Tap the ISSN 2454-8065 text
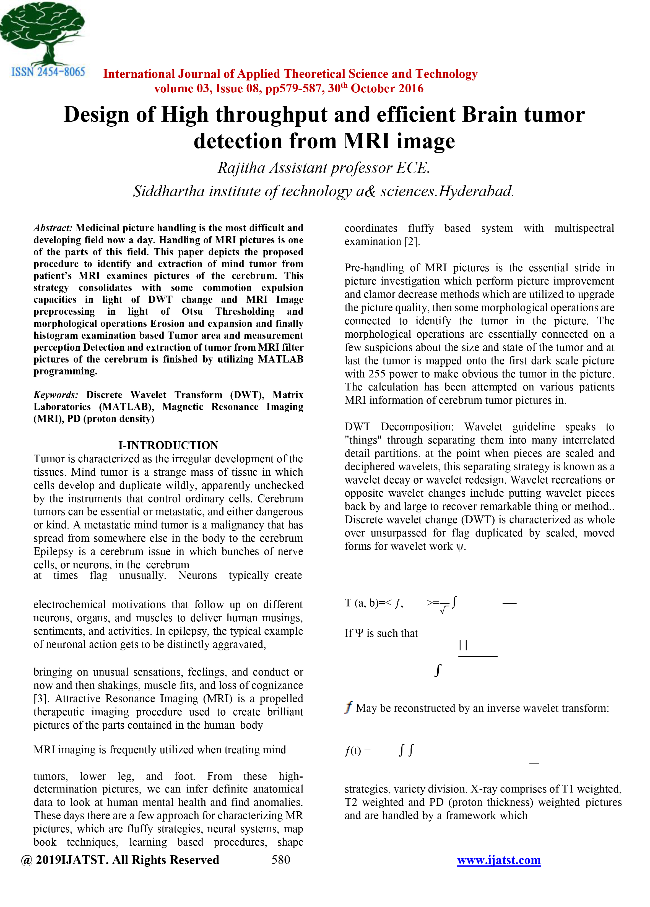48,72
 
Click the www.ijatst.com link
498,859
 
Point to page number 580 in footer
281,859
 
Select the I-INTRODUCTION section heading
168,445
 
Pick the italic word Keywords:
56,395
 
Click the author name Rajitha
241,168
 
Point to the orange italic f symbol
349,707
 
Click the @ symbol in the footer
26,860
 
